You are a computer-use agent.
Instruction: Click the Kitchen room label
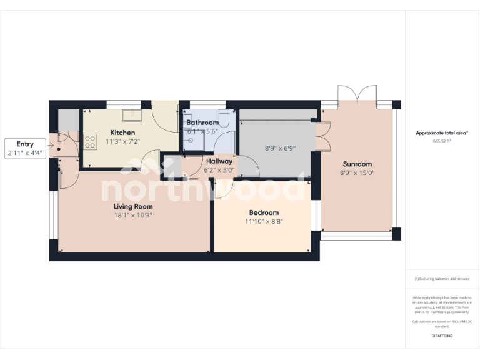pyautogui.click(x=122, y=132)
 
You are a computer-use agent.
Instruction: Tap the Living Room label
pyautogui.click(x=132, y=206)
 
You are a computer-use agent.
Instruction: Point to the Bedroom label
pyautogui.click(x=262, y=212)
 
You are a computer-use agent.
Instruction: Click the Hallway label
pyautogui.click(x=219, y=161)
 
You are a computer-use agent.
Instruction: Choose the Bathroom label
pyautogui.click(x=202, y=122)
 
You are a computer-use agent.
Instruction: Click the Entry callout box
pyautogui.click(x=26, y=148)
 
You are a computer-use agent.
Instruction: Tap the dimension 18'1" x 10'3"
pyautogui.click(x=132, y=215)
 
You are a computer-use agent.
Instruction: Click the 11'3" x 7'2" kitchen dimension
pyautogui.click(x=122, y=141)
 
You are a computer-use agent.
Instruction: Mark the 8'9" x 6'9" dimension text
pyautogui.click(x=280, y=149)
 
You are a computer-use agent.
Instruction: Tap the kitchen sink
pyautogui.click(x=132, y=114)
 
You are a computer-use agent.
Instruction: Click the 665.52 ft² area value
pyautogui.click(x=442, y=141)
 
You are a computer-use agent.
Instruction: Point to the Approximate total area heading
pyautogui.click(x=442, y=132)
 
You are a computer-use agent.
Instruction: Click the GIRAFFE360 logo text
pyautogui.click(x=442, y=336)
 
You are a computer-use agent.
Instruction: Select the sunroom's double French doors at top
pyautogui.click(x=357, y=95)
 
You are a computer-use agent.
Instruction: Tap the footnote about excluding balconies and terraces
pyautogui.click(x=442, y=279)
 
